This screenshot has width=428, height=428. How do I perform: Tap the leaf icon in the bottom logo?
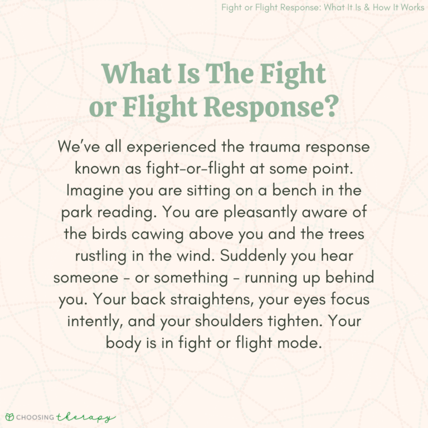[x=9, y=417]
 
